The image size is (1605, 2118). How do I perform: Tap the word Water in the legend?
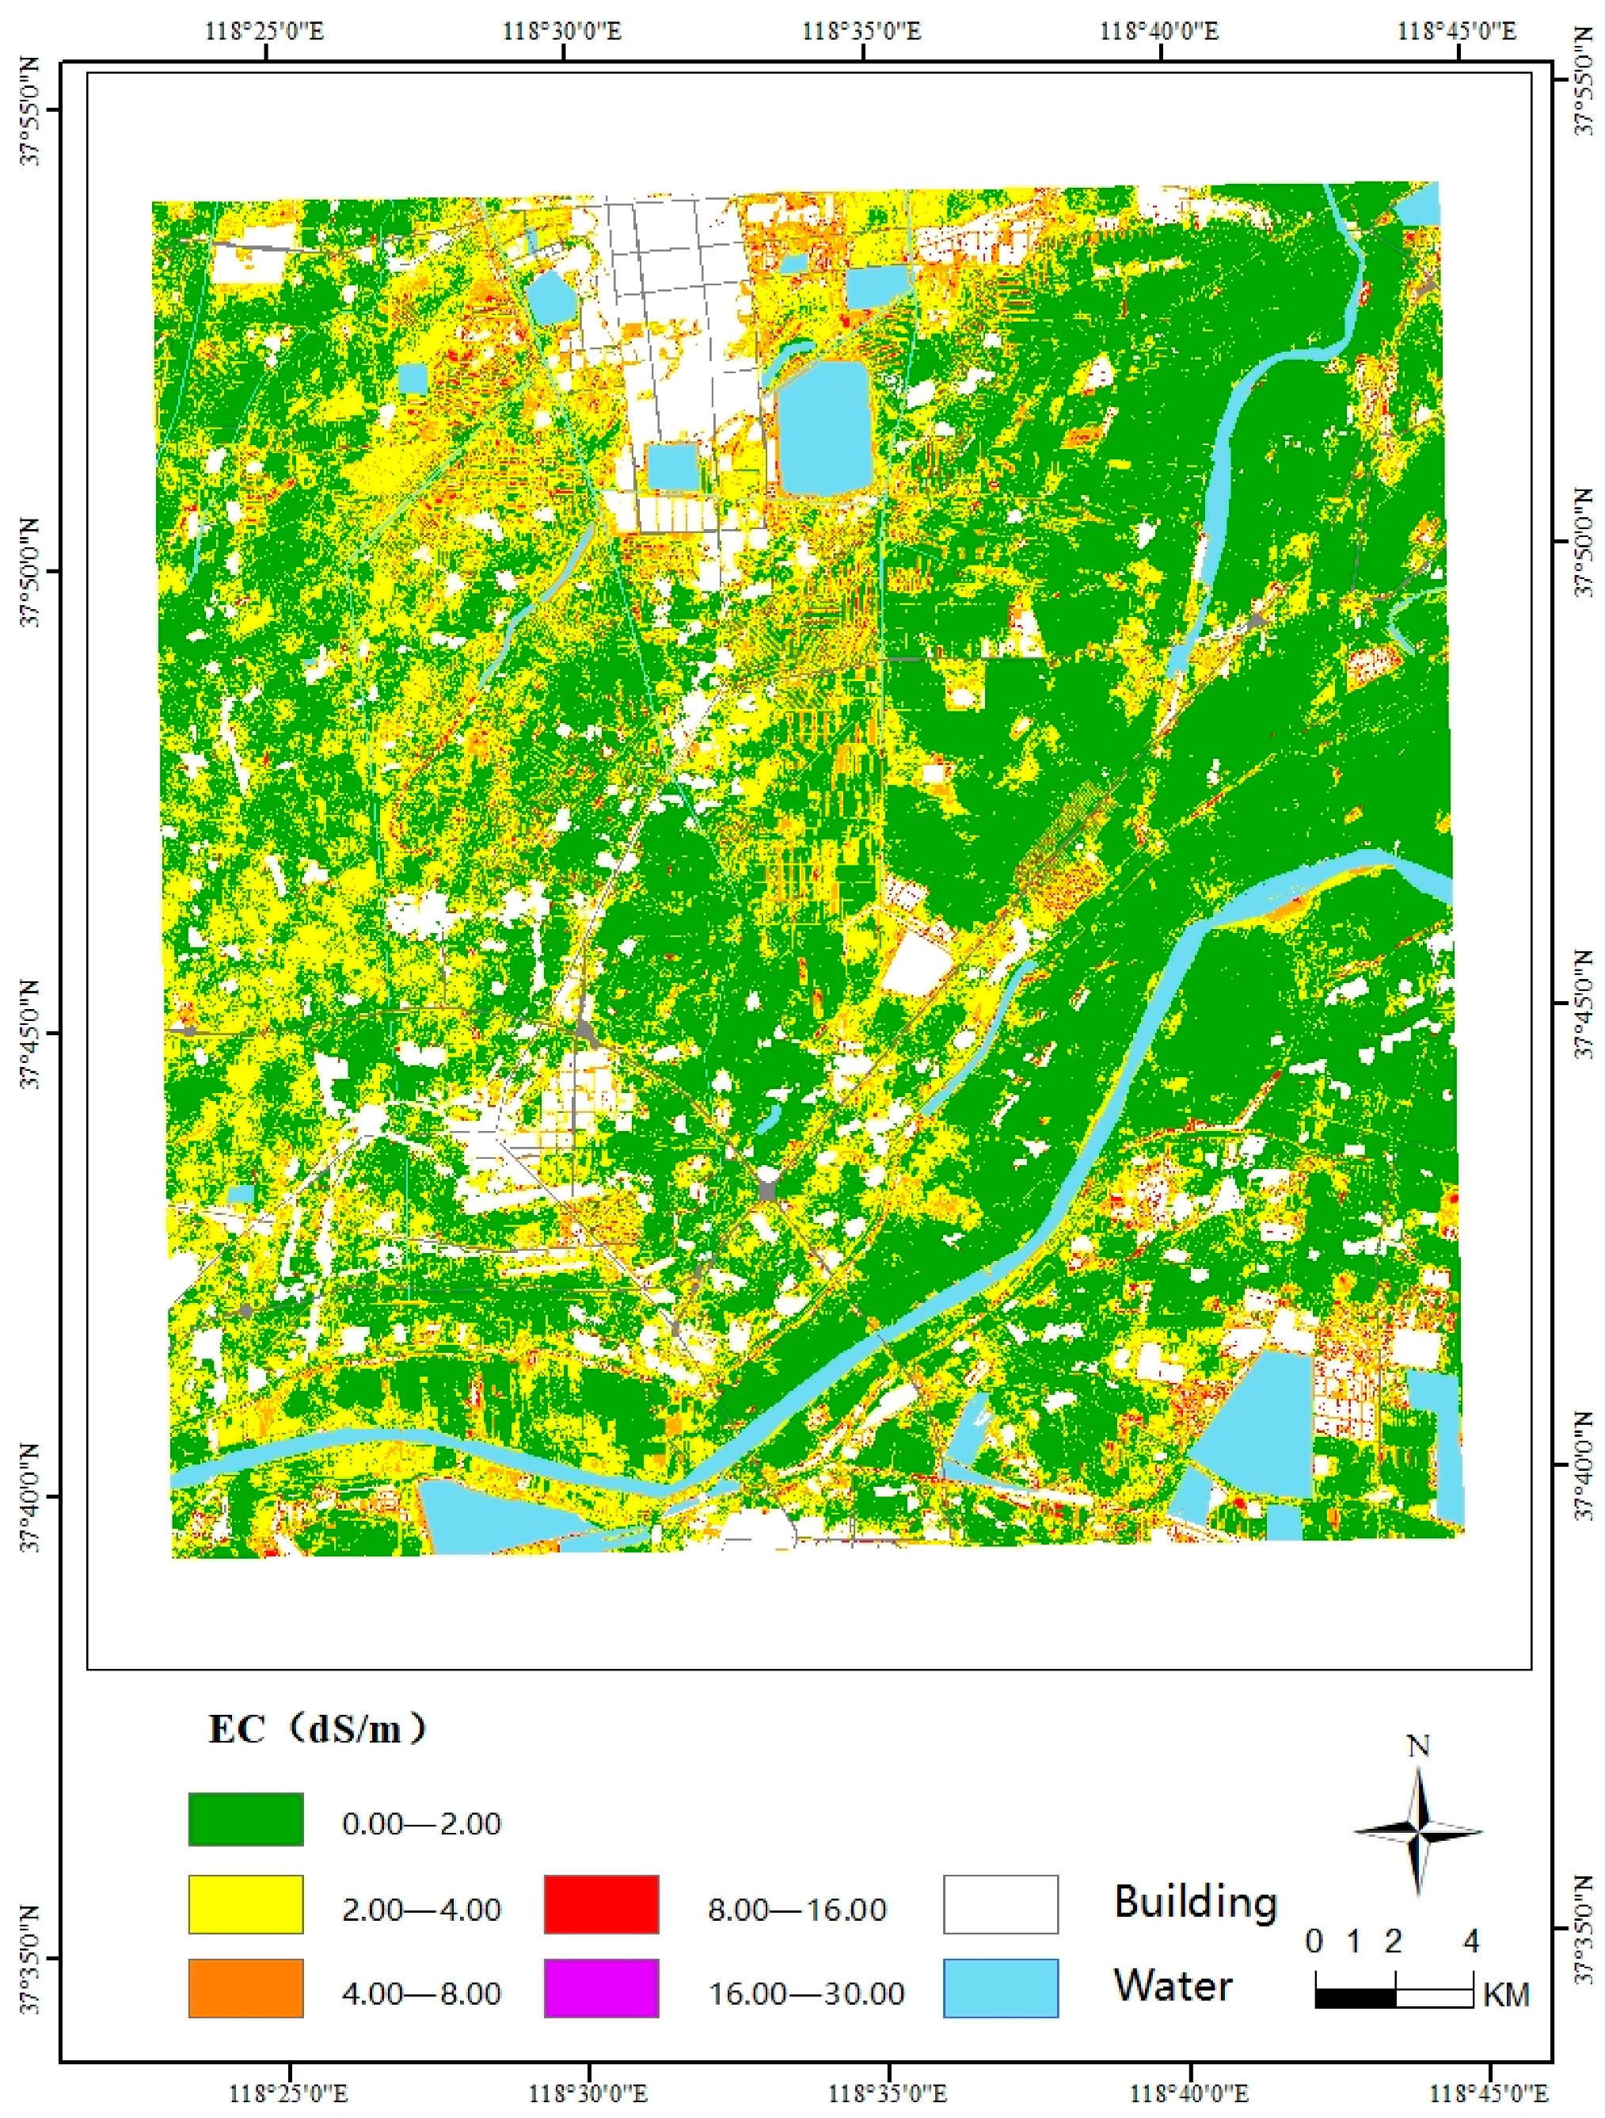point(1173,1986)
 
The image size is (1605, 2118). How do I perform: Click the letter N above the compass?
point(1417,1747)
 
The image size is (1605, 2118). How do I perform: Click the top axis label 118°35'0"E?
point(861,31)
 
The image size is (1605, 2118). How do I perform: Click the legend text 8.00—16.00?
point(797,1910)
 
